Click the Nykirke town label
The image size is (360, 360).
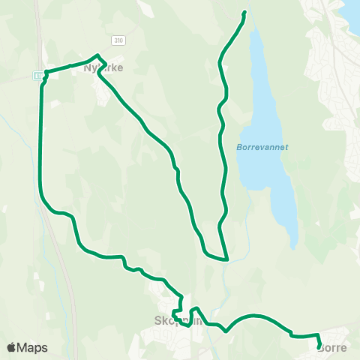click(103, 67)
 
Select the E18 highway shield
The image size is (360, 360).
click(37, 74)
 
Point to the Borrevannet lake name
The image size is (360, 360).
click(262, 147)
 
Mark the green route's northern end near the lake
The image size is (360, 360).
click(244, 13)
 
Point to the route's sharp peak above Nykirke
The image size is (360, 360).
click(97, 55)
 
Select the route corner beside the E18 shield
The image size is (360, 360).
click(46, 72)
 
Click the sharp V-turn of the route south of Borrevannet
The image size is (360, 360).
click(226, 259)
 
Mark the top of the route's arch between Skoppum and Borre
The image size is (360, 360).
click(255, 316)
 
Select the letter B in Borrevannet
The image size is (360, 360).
click(239, 147)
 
